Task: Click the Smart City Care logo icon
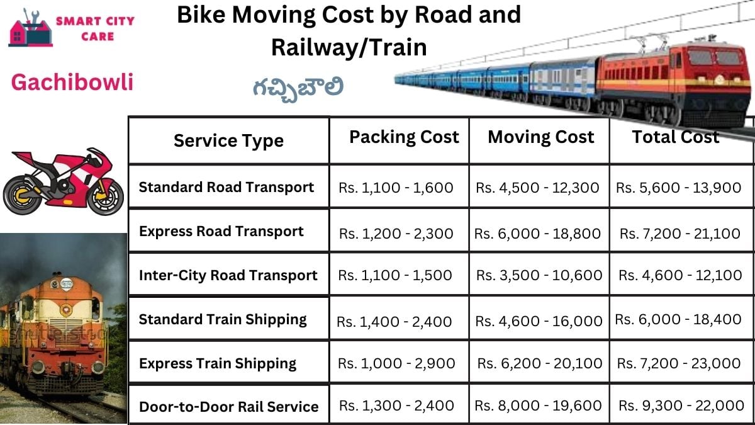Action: pyautogui.click(x=29, y=28)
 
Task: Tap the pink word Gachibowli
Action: pyautogui.click(x=72, y=82)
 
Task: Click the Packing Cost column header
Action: pyautogui.click(x=404, y=137)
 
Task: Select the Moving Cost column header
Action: pyautogui.click(x=540, y=137)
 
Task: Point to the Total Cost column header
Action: pyautogui.click(x=675, y=137)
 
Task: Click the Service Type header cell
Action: pyautogui.click(x=228, y=140)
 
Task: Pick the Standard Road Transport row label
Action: pyautogui.click(x=226, y=187)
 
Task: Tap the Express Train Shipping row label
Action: pyautogui.click(x=217, y=363)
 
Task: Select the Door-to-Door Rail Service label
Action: pyautogui.click(x=228, y=407)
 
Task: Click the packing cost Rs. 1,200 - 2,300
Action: pyautogui.click(x=396, y=234)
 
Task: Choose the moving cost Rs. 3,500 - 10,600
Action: pyautogui.click(x=539, y=275)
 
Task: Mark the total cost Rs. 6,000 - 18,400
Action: pyautogui.click(x=678, y=320)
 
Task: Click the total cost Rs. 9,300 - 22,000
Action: pyautogui.click(x=681, y=406)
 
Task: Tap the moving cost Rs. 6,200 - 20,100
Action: pyautogui.click(x=540, y=363)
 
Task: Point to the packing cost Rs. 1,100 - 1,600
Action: pyautogui.click(x=396, y=188)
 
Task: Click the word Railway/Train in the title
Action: pyautogui.click(x=349, y=47)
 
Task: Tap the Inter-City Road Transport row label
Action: pyautogui.click(x=228, y=275)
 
